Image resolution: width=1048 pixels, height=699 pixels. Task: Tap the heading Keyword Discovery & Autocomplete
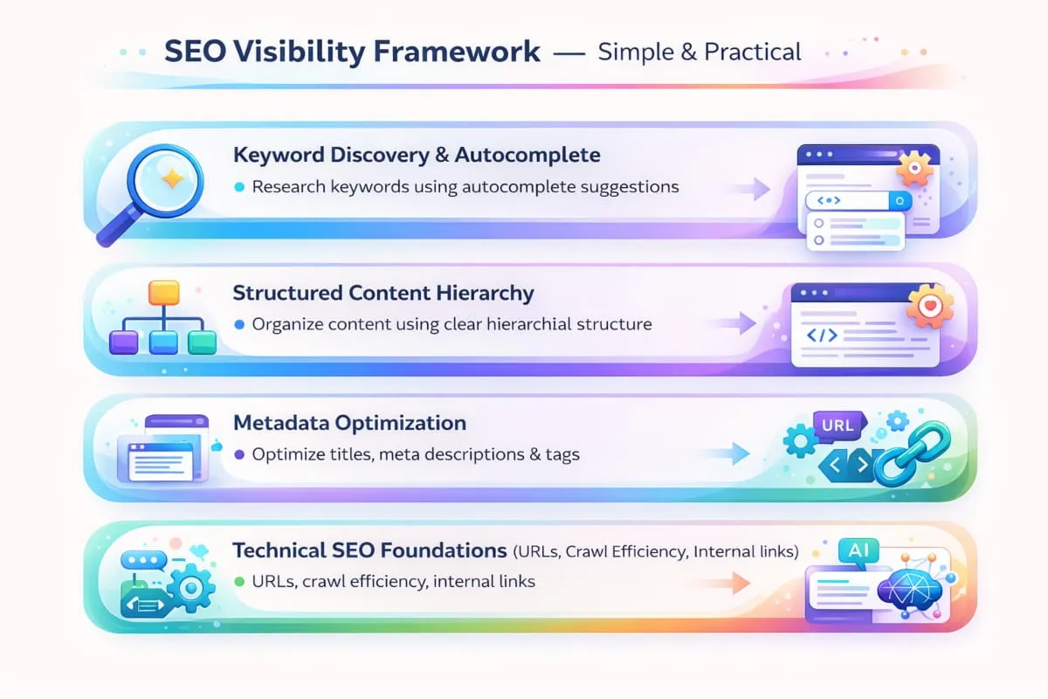(417, 156)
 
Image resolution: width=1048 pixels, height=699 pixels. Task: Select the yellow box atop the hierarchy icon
(163, 292)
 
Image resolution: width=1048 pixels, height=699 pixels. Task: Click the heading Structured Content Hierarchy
(383, 293)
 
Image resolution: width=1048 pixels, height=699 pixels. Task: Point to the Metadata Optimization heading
(349, 423)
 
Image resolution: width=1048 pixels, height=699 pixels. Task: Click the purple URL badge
(837, 426)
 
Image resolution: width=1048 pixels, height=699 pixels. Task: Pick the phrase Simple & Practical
(700, 52)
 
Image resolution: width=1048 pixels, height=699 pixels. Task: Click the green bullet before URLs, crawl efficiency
(239, 582)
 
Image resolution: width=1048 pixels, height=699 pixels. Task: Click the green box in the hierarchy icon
(202, 342)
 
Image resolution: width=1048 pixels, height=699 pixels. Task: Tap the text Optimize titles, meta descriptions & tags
(416, 454)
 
